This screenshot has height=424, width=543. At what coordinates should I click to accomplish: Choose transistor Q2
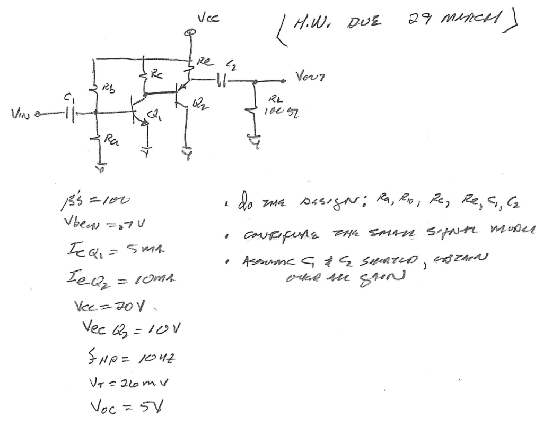[181, 94]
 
